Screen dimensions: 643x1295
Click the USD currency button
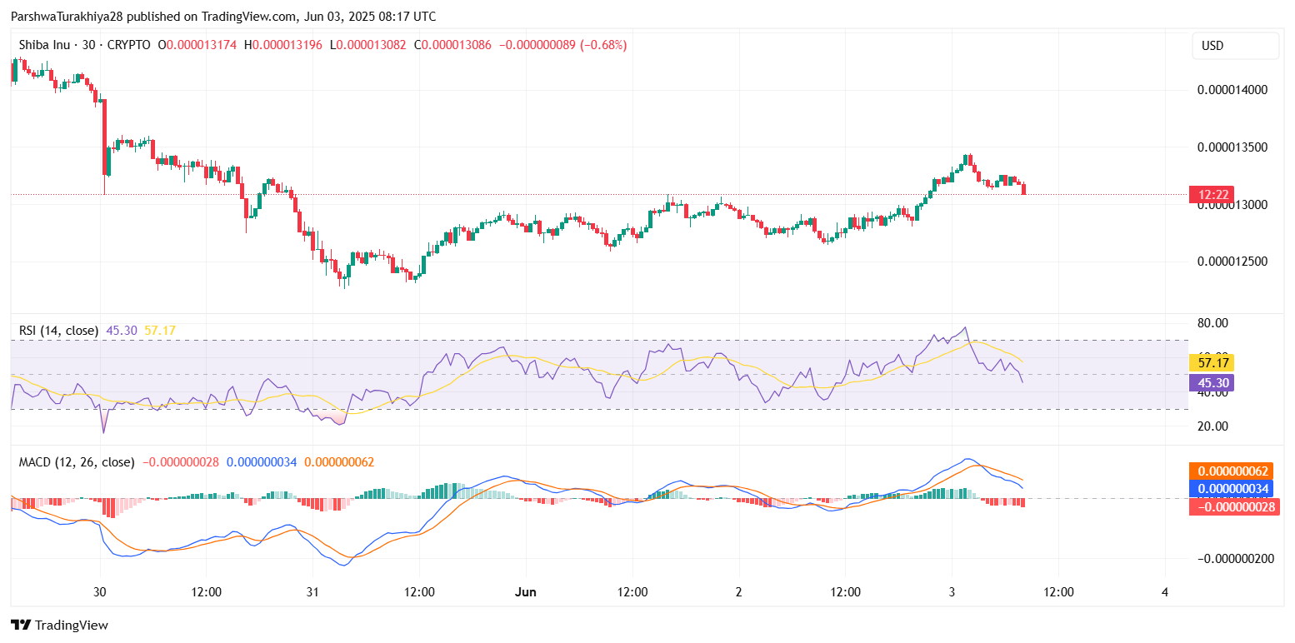click(x=1235, y=46)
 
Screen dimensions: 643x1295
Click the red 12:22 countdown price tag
click(x=1212, y=195)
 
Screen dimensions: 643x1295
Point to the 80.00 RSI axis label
click(x=1212, y=323)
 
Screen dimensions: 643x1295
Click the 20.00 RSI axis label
click(x=1212, y=426)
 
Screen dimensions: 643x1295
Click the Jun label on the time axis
click(x=526, y=592)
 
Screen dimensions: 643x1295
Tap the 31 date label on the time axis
click(x=312, y=592)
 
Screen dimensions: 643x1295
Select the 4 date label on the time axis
click(x=1165, y=592)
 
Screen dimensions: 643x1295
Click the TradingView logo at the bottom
click(x=59, y=625)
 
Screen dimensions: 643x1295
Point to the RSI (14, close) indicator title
click(x=58, y=331)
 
